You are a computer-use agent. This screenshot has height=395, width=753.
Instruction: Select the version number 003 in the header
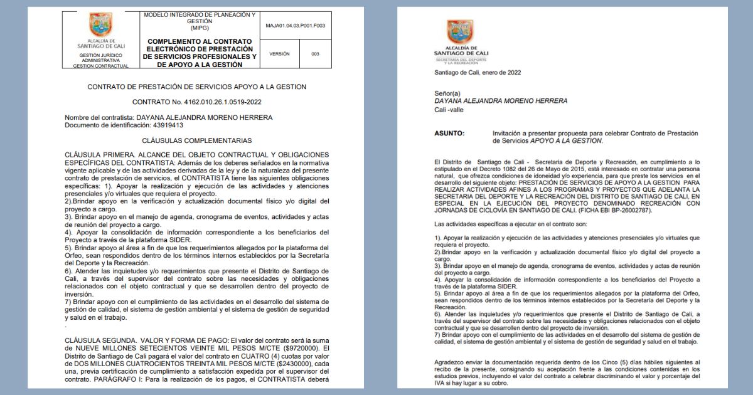[315, 54]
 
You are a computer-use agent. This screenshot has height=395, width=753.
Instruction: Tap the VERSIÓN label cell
[279, 54]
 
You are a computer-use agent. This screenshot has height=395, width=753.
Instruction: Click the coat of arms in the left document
[100, 26]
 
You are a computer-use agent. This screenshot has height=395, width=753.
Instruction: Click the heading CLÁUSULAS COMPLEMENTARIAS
[196, 140]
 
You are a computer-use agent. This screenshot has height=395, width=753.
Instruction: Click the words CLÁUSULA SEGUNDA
[99, 339]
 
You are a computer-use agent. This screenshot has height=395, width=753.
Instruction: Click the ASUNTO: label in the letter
[449, 134]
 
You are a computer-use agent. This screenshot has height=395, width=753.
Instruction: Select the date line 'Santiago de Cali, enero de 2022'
[477, 72]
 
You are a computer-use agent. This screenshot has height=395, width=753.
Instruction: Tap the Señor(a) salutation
[447, 93]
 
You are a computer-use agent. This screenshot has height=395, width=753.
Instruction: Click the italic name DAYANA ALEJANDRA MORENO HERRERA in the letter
[501, 101]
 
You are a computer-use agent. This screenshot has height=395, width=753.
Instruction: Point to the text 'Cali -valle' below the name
[450, 110]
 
